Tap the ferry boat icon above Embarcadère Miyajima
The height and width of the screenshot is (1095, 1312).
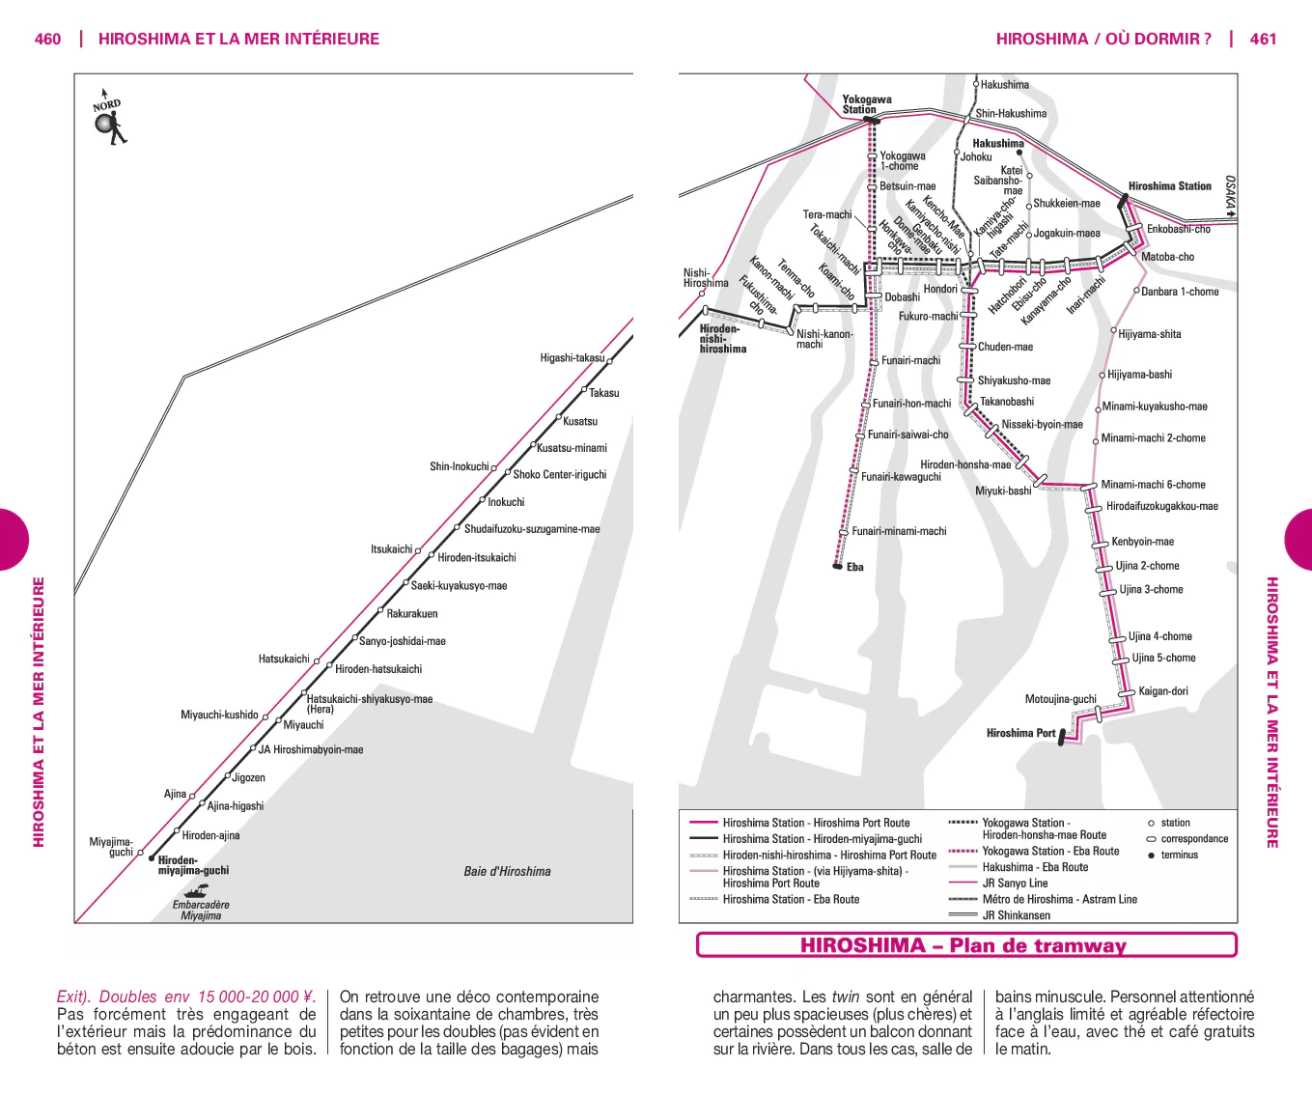point(196,890)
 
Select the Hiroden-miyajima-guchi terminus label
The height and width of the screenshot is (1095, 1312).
point(193,865)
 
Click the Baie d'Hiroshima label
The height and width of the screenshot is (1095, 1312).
point(507,871)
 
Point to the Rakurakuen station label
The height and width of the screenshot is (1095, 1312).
point(412,613)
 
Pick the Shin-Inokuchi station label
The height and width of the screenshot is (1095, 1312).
point(460,466)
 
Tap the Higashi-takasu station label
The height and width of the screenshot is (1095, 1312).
point(572,357)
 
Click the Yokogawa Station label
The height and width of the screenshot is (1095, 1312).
point(867,104)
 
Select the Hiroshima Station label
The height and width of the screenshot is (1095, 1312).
point(1169,186)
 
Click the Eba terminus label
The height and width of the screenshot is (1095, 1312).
point(855,567)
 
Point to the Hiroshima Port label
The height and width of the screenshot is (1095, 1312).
point(1021,733)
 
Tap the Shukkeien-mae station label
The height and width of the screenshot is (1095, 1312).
point(1067,204)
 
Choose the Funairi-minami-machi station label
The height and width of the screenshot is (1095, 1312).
point(899,531)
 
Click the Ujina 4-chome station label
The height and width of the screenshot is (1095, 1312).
point(1159,636)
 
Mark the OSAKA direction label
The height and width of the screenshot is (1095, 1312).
point(1230,192)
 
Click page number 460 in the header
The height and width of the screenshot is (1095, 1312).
point(47,39)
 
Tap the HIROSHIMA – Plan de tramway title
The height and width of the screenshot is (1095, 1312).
point(963,945)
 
